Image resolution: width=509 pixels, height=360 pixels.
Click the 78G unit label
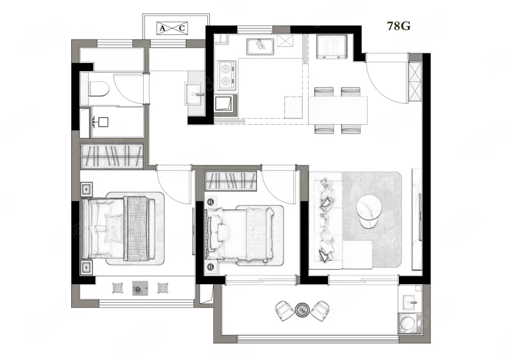pyautogui.click(x=399, y=25)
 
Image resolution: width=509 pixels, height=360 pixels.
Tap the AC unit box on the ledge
pyautogui.click(x=172, y=28)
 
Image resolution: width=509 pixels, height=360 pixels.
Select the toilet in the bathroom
pyautogui.click(x=99, y=89)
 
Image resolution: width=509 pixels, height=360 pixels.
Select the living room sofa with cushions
pyautogui.click(x=328, y=221)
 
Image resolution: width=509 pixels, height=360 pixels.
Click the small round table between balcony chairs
pyautogui.click(x=303, y=310)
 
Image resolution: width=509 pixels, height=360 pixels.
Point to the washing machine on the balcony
pyautogui.click(x=409, y=322)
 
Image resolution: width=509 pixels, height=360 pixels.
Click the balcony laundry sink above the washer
pyautogui.click(x=410, y=303)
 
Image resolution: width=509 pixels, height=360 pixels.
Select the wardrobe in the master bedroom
pyautogui.click(x=112, y=156)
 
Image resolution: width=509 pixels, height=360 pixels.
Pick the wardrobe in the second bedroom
pyautogui.click(x=231, y=181)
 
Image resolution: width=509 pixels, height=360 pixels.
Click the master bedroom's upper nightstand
pyautogui.click(x=87, y=189)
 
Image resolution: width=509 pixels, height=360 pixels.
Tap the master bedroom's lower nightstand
pyautogui.click(x=87, y=267)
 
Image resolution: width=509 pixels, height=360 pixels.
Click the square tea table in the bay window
pyautogui.click(x=140, y=288)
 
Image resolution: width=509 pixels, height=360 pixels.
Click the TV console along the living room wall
pyautogui.click(x=417, y=218)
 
